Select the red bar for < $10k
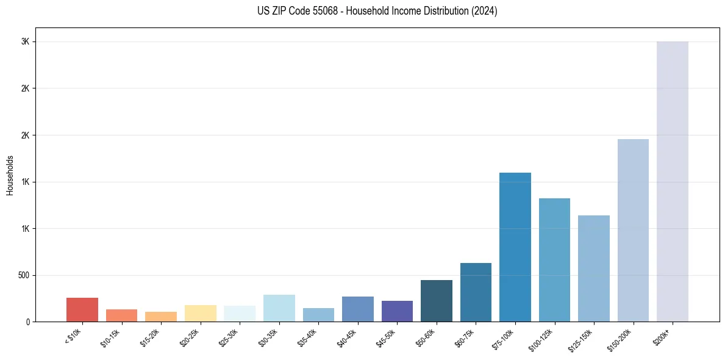(x=82, y=309)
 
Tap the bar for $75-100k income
(x=515, y=247)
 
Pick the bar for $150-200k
(x=633, y=230)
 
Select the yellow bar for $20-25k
(x=201, y=313)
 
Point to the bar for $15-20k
(x=161, y=317)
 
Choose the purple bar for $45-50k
(x=397, y=311)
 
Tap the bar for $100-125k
(x=554, y=260)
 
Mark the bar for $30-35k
(x=279, y=308)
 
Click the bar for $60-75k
(x=476, y=292)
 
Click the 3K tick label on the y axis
(x=25, y=41)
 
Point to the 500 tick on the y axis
(x=23, y=275)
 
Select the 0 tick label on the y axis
(x=27, y=322)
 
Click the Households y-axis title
(x=10, y=175)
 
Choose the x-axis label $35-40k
(x=309, y=338)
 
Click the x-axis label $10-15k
(x=112, y=338)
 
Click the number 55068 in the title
(x=327, y=11)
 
